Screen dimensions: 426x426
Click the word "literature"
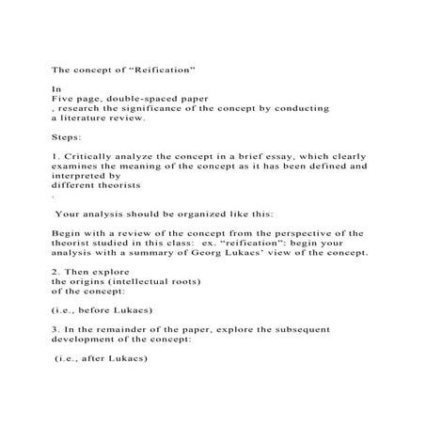point(96,118)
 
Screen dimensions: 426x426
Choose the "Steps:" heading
point(66,137)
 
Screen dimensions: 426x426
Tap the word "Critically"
point(94,156)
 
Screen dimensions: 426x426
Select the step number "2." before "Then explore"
point(55,273)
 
